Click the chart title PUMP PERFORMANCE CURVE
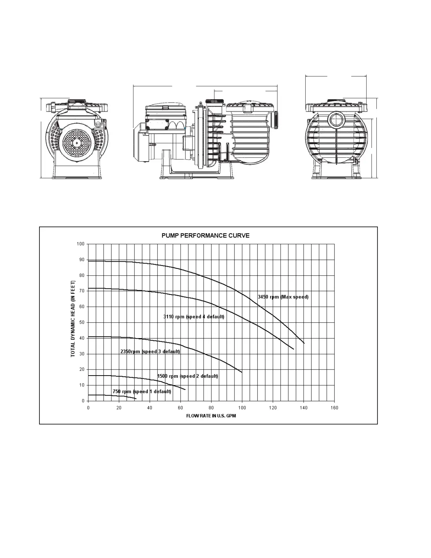click(205, 235)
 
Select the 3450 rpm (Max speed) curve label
click(283, 297)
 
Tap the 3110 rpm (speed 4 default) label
click(194, 317)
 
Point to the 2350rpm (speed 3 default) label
click(150, 352)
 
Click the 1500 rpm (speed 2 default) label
click(187, 376)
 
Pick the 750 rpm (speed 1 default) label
click(142, 392)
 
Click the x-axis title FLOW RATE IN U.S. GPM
click(211, 416)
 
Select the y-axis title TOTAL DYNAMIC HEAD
click(73, 319)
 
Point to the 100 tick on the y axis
click(81, 244)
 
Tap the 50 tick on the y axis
click(82, 322)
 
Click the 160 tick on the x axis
click(334, 408)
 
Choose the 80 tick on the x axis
click(211, 408)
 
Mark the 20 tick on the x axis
click(119, 408)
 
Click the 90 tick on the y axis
click(82, 260)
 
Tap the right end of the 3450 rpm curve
click(304, 343)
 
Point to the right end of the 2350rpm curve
click(242, 372)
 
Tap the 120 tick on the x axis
click(273, 408)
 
